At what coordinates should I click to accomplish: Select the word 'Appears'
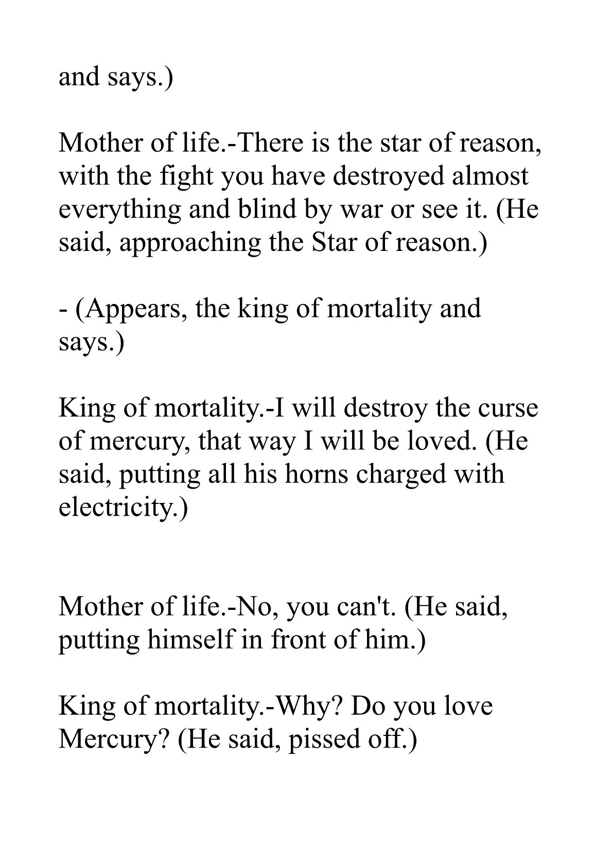coord(133,309)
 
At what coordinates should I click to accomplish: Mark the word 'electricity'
coord(119,507)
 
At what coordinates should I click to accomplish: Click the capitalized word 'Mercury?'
coord(114,739)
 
